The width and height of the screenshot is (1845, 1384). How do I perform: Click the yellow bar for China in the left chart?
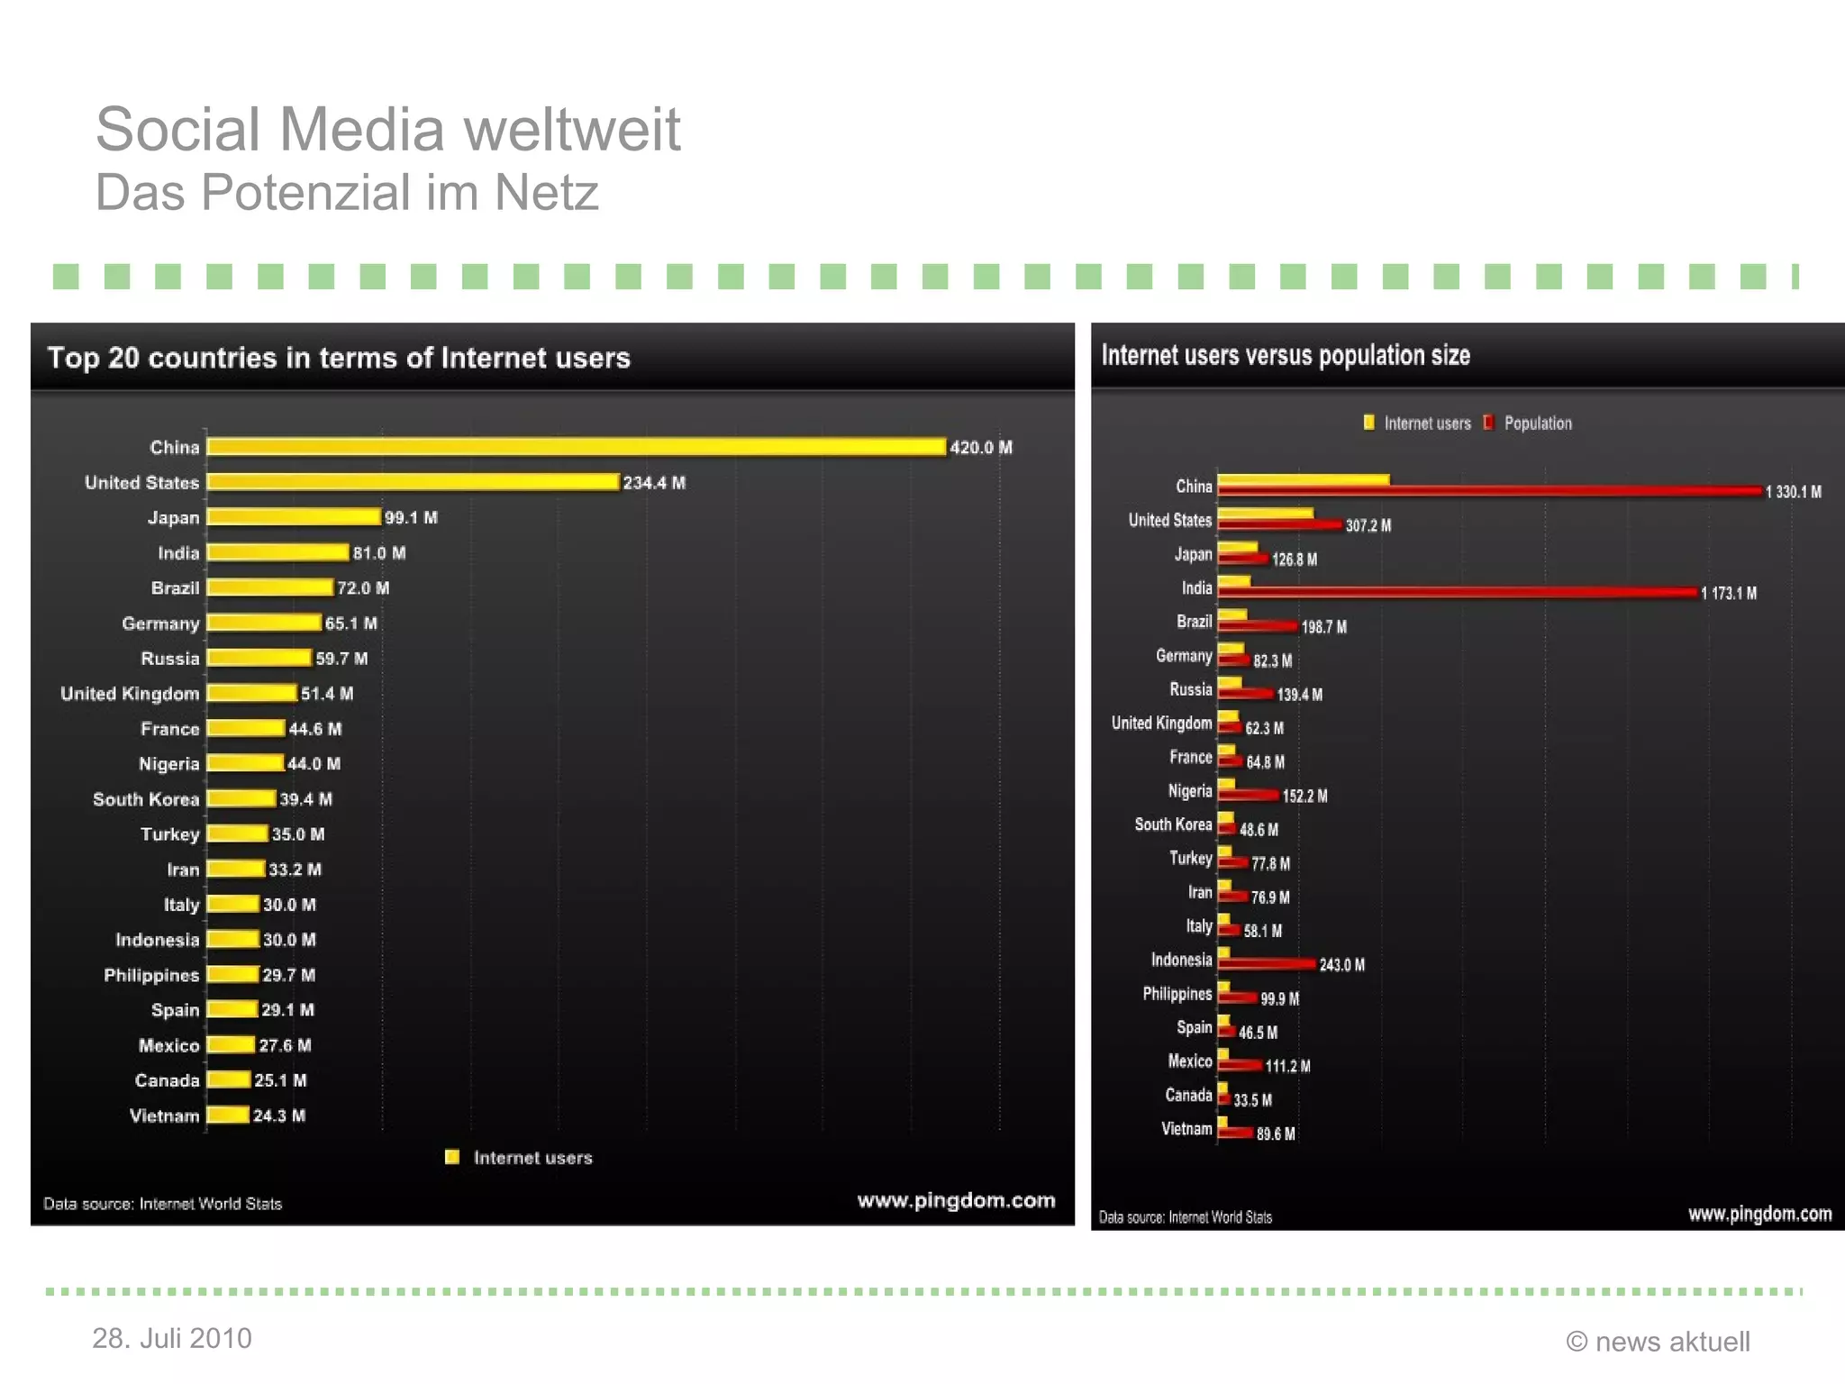[x=577, y=447]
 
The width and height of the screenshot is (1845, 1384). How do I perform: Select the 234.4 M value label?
[x=654, y=483]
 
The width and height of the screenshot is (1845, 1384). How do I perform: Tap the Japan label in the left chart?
[x=173, y=518]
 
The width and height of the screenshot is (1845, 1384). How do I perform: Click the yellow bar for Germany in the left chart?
[x=264, y=623]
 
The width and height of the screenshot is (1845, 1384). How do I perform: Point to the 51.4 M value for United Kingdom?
[x=327, y=694]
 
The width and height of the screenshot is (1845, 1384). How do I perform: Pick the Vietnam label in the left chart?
[x=164, y=1115]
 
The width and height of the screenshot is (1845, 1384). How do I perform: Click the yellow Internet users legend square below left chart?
[x=452, y=1157]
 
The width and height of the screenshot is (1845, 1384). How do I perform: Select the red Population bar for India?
[x=1457, y=592]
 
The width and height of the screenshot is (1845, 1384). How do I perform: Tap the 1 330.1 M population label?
[x=1793, y=492]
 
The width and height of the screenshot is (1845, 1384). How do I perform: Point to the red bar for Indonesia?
[x=1266, y=963]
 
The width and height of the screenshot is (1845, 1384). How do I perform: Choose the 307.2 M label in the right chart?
[x=1368, y=525]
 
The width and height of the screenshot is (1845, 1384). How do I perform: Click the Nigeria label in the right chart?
[x=1189, y=791]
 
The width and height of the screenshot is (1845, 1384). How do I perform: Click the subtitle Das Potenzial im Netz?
[x=347, y=193]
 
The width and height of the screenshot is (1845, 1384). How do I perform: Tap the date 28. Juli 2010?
[x=171, y=1338]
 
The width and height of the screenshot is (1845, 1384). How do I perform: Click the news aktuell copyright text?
[x=1658, y=1342]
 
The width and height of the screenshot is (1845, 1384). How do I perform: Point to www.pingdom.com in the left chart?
[x=956, y=1200]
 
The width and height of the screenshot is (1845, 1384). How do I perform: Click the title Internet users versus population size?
[x=1286, y=356]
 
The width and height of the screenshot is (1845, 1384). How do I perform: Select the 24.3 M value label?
[x=279, y=1115]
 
